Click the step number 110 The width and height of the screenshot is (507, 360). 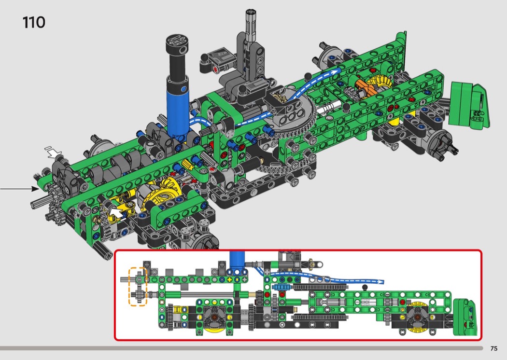[34, 23]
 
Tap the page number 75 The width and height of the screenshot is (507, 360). [494, 348]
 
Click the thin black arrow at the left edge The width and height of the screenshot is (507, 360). [19, 188]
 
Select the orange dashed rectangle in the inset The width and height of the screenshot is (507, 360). [138, 286]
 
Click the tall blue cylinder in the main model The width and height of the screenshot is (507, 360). [178, 105]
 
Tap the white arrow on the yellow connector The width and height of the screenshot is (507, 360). [117, 212]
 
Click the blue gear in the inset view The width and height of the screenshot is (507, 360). [282, 287]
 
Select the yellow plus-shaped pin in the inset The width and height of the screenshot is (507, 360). [230, 279]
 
